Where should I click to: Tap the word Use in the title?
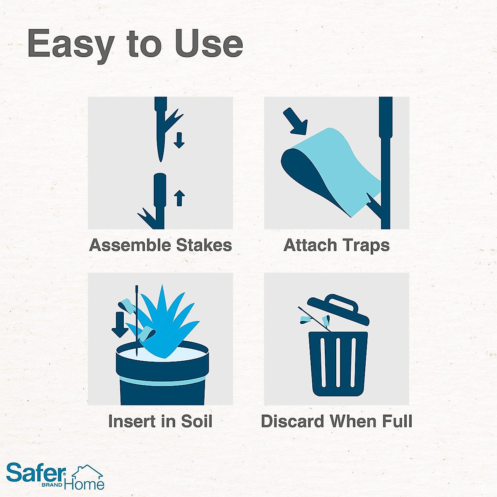click(x=209, y=43)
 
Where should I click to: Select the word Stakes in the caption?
click(x=204, y=245)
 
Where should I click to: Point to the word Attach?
click(x=310, y=245)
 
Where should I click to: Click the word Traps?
click(x=365, y=246)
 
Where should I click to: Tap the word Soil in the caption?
click(x=197, y=421)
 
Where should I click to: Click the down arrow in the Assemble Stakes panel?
click(x=179, y=140)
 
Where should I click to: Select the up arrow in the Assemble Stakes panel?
click(x=179, y=198)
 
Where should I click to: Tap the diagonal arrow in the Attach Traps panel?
click(x=295, y=121)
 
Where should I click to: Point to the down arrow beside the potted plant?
click(x=120, y=324)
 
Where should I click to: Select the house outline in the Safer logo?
click(x=88, y=472)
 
